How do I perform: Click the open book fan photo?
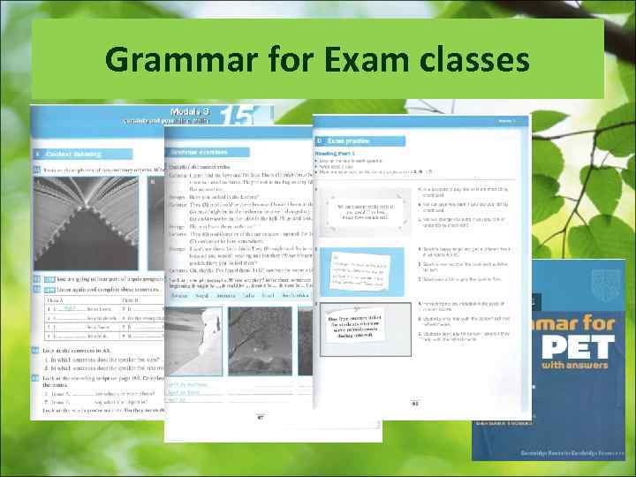point(97,212)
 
